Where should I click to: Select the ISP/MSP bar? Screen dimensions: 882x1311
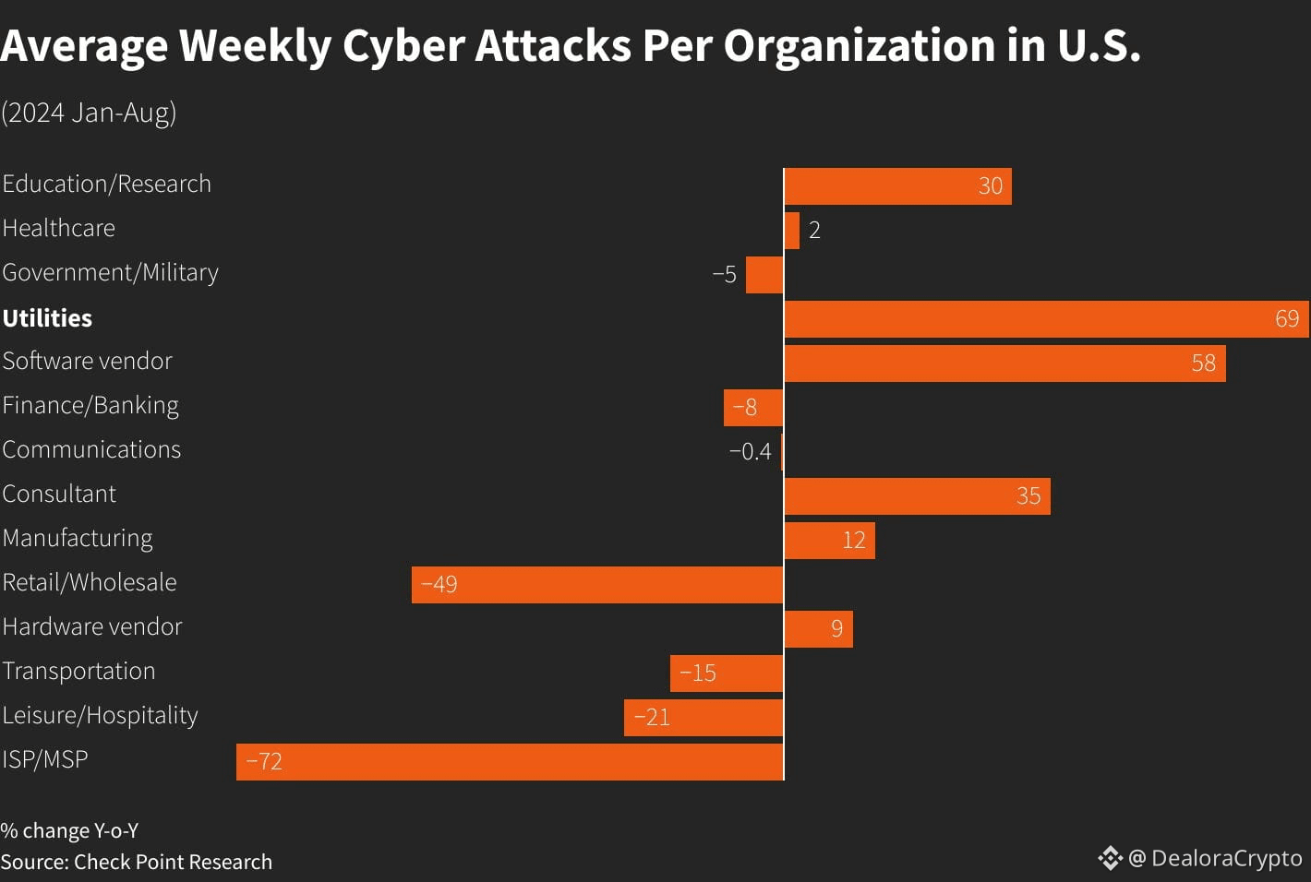pyautogui.click(x=510, y=762)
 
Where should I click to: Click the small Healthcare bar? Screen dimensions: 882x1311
pyautogui.click(x=791, y=231)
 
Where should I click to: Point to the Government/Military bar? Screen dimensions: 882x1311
pyautogui.click(x=764, y=275)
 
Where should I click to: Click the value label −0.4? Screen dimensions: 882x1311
pyautogui.click(x=750, y=451)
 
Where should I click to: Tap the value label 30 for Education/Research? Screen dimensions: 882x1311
pyautogui.click(x=990, y=186)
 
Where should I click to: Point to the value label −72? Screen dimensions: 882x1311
pyautogui.click(x=264, y=762)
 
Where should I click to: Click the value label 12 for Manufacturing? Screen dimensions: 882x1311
pyautogui.click(x=853, y=541)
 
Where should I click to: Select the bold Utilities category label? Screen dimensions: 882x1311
pyautogui.click(x=47, y=318)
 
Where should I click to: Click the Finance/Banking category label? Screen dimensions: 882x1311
pyautogui.click(x=90, y=406)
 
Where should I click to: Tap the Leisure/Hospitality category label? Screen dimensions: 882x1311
pyautogui.click(x=100, y=716)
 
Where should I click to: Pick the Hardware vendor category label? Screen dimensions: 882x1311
pyautogui.click(x=92, y=627)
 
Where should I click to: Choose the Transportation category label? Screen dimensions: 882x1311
pyautogui.click(x=78, y=672)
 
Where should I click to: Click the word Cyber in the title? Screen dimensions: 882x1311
pyautogui.click(x=403, y=46)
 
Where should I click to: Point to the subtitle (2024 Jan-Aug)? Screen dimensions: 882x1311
pyautogui.click(x=89, y=113)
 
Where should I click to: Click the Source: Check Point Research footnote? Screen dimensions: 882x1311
pyautogui.click(x=137, y=862)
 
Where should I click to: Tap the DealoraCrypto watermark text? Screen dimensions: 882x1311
pyautogui.click(x=1226, y=858)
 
